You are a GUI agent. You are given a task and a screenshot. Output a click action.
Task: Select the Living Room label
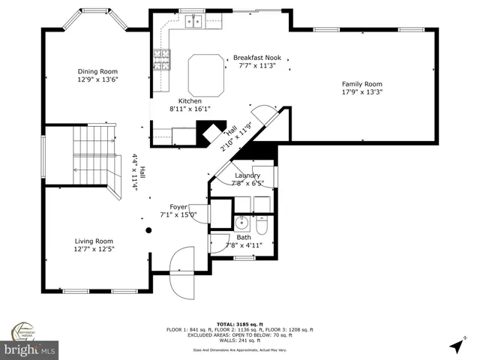(94, 241)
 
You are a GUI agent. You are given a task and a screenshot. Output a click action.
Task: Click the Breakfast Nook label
(257, 57)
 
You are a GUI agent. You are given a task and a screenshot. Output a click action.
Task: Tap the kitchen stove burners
(161, 59)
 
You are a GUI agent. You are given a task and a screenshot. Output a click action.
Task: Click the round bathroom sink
(242, 223)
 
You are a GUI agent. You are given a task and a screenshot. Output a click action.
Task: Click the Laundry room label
(247, 175)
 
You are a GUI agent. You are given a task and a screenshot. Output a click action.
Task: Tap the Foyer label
(178, 206)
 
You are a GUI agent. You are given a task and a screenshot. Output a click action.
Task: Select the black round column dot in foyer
(148, 231)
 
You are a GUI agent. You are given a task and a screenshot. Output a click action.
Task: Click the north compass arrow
(455, 345)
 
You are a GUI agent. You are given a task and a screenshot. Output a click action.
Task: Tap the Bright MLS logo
(30, 349)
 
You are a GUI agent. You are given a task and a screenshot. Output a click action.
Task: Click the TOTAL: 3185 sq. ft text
(239, 324)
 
